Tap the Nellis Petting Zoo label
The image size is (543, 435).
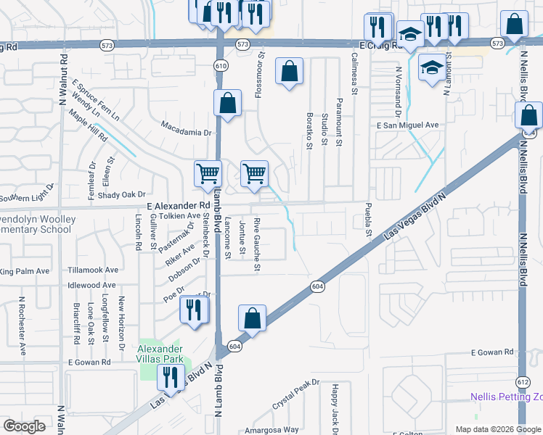click(505, 397)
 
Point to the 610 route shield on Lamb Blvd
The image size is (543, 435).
click(219, 66)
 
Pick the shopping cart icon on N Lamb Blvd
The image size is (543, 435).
click(208, 173)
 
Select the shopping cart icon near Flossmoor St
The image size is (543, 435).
click(254, 173)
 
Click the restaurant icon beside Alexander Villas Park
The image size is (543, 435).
click(171, 377)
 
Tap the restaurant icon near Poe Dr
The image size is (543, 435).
click(193, 310)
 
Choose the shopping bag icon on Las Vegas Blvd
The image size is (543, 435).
click(252, 318)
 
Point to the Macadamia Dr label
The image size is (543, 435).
click(186, 133)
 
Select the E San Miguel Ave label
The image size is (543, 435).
click(408, 125)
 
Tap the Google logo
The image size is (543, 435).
click(24, 426)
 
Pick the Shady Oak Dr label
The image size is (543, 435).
click(122, 194)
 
